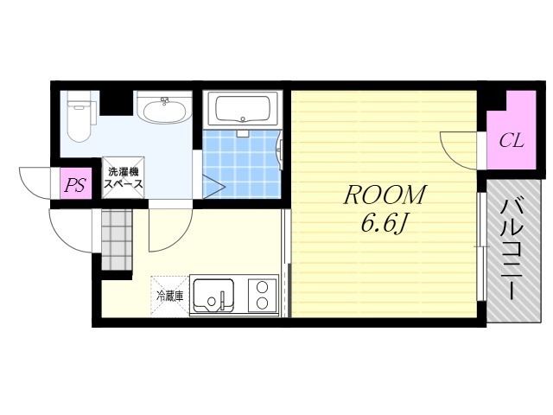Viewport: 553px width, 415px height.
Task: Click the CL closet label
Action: coord(511,141)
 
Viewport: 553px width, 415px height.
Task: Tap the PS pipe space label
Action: coord(76,184)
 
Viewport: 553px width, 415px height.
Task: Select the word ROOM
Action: coord(385,195)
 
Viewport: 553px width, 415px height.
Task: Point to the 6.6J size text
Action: coord(384,223)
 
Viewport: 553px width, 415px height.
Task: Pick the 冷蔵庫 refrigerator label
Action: coord(170,296)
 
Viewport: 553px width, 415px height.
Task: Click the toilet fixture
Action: coord(80,117)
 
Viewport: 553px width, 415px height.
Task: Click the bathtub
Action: coord(243,108)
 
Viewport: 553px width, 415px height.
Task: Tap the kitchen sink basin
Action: coord(213,296)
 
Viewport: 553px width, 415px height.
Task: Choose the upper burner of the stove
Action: coord(263,286)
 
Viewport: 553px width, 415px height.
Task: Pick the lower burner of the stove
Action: coord(263,303)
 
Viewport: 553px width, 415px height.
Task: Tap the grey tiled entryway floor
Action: coord(117,240)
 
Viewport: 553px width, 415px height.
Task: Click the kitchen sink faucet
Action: coord(223,300)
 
